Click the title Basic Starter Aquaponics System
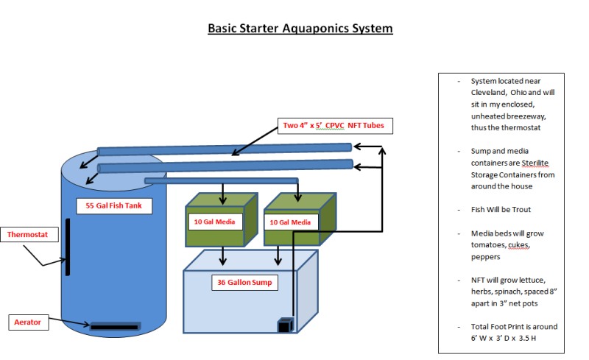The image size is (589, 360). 300,29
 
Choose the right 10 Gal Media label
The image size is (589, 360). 290,222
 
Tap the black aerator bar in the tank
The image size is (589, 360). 114,325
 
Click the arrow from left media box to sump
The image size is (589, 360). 223,255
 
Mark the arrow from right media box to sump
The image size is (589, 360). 278,255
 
